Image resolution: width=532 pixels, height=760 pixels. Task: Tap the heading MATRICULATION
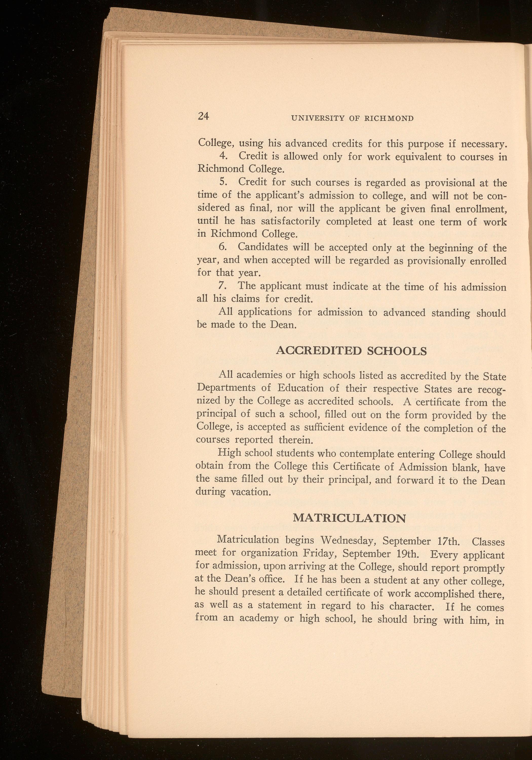(x=350, y=518)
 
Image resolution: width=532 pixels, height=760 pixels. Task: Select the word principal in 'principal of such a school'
(x=216, y=414)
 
